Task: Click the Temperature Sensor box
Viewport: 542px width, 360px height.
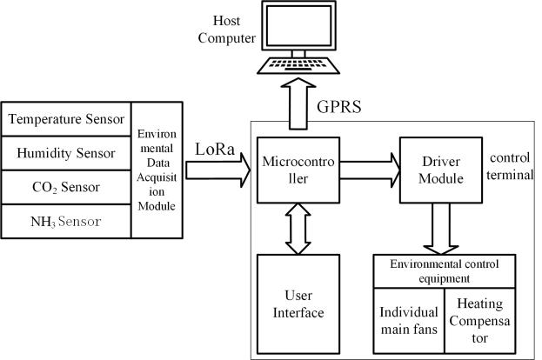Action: (x=66, y=118)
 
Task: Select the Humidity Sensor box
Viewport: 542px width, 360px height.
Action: (x=66, y=152)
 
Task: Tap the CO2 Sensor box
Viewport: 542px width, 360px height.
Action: (x=66, y=186)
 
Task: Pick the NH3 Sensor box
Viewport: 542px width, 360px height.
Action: (x=66, y=220)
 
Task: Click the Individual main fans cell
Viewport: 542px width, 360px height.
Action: (x=408, y=319)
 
